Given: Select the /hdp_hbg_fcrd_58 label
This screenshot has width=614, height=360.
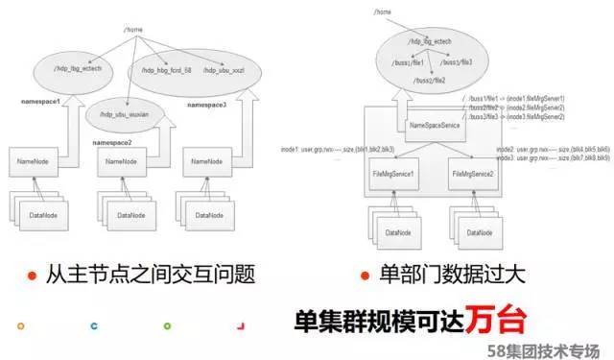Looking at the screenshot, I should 168,70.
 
